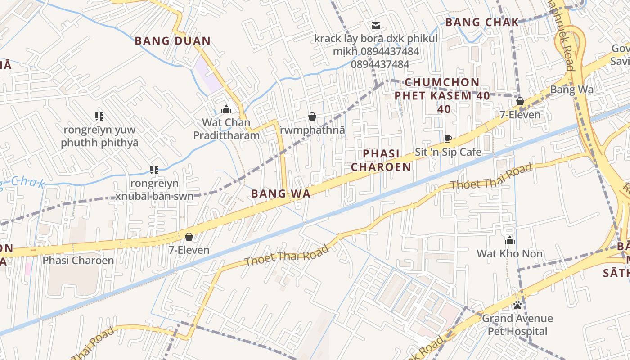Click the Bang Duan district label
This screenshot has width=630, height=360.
click(x=173, y=41)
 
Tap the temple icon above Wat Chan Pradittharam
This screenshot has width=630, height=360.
click(x=226, y=109)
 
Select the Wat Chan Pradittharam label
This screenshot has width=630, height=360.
click(x=226, y=129)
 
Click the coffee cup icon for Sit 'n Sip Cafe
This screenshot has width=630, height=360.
click(x=448, y=139)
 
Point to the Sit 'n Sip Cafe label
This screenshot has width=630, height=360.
click(x=448, y=152)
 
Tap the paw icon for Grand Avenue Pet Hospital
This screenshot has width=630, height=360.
click(x=517, y=305)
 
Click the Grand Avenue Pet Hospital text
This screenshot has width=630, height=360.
click(x=517, y=325)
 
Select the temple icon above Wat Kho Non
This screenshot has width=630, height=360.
click(x=510, y=240)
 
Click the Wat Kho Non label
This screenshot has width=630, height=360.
click(x=510, y=253)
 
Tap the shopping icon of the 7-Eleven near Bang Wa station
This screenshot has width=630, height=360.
click(x=520, y=102)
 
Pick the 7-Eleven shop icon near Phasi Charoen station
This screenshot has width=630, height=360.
click(x=189, y=237)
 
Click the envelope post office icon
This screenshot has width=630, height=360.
click(x=375, y=26)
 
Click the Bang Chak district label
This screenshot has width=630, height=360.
click(x=482, y=22)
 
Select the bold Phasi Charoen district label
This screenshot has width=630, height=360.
click(x=381, y=160)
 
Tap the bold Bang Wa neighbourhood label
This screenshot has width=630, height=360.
click(x=281, y=194)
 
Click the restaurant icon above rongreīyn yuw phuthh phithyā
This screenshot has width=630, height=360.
click(x=99, y=117)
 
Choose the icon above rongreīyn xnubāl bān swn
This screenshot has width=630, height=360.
click(x=154, y=170)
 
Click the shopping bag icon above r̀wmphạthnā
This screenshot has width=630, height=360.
click(x=312, y=117)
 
